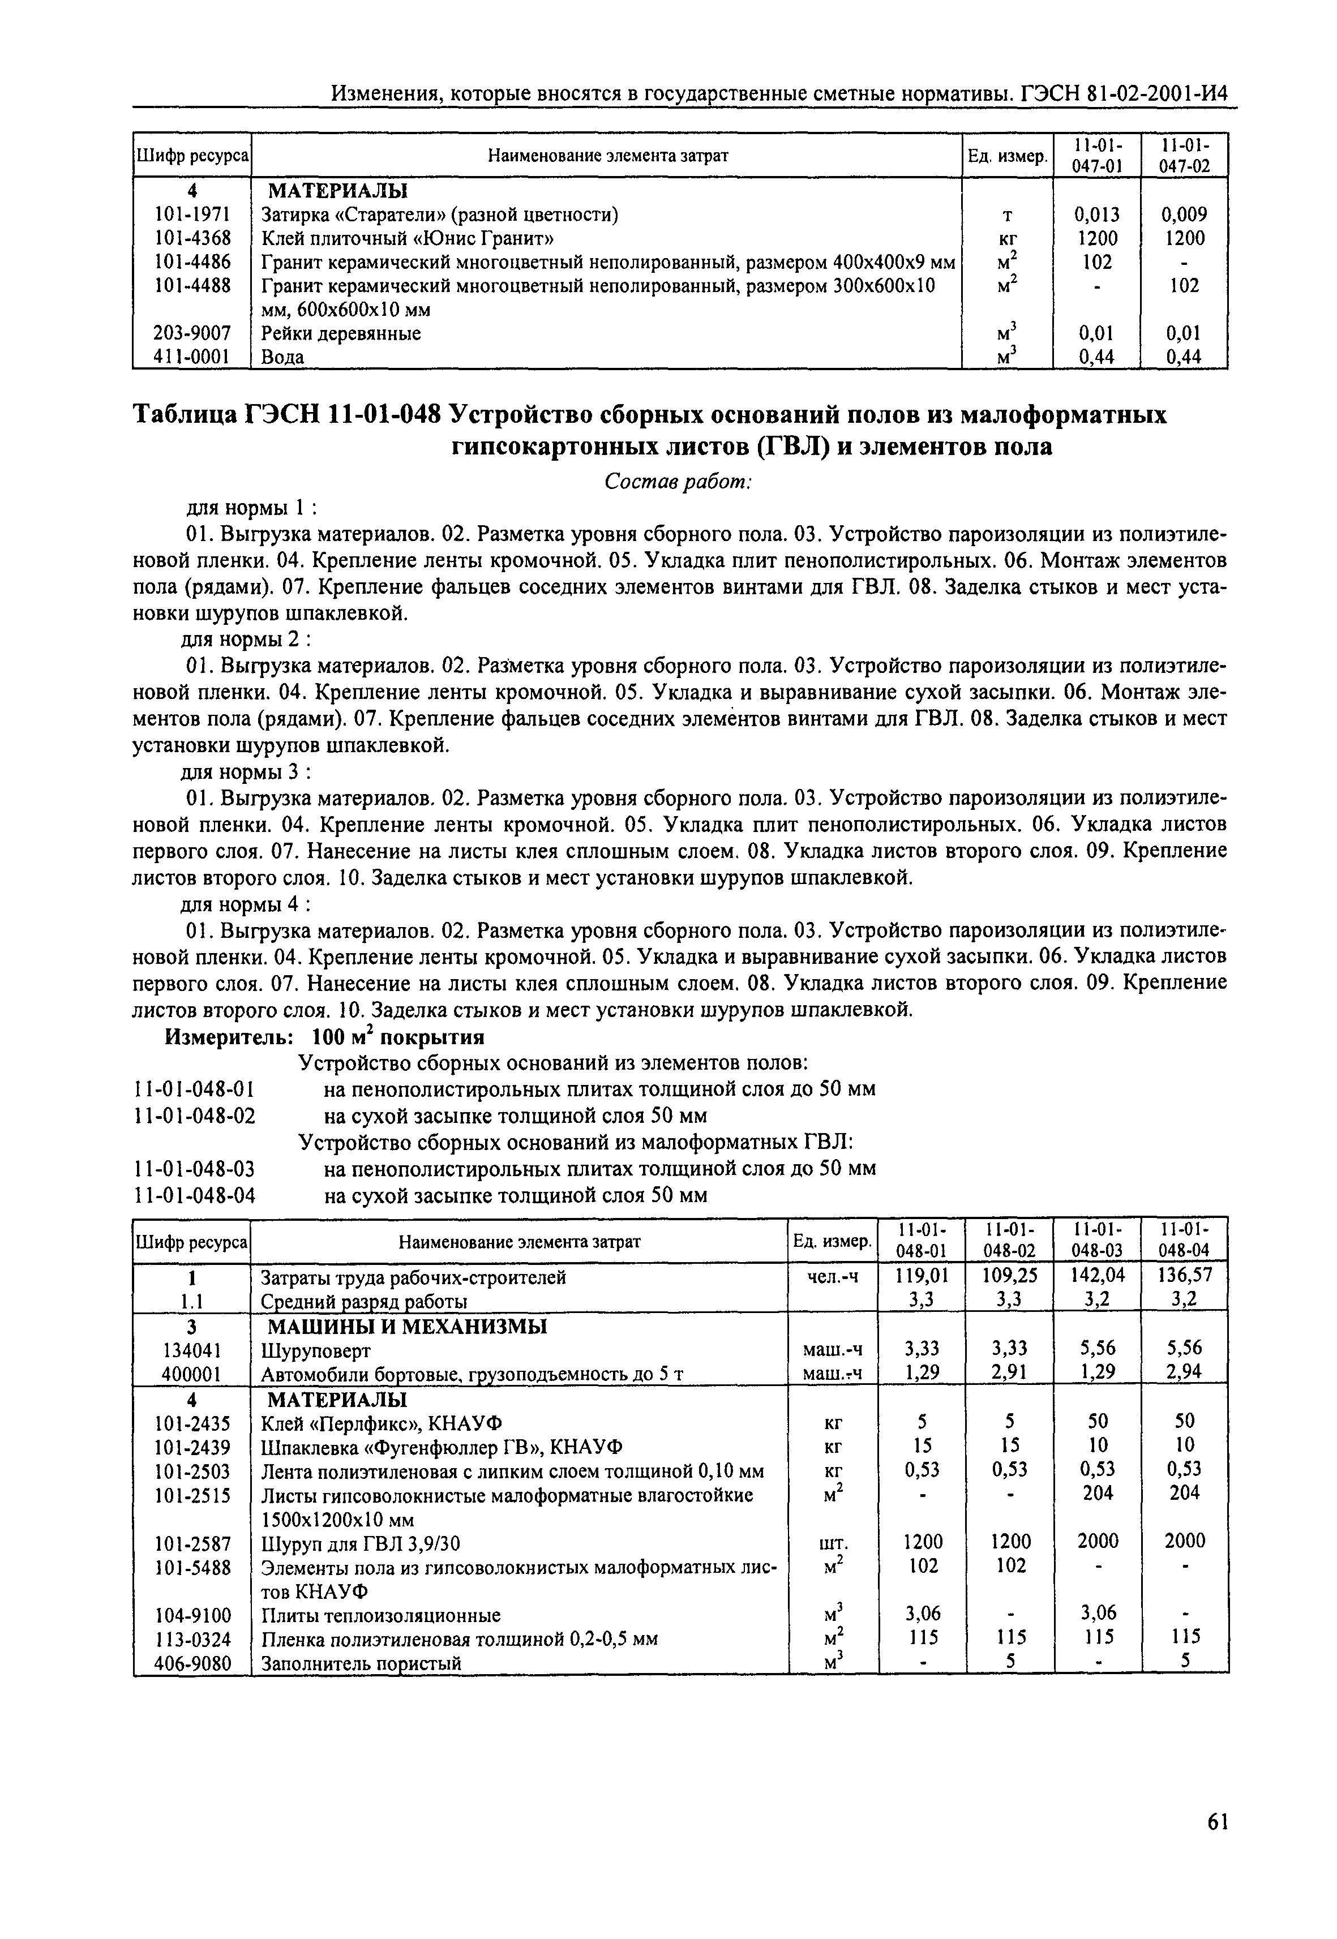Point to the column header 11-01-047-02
click(x=1184, y=155)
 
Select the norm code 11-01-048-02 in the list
click(x=194, y=1117)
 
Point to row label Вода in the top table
click(x=282, y=358)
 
